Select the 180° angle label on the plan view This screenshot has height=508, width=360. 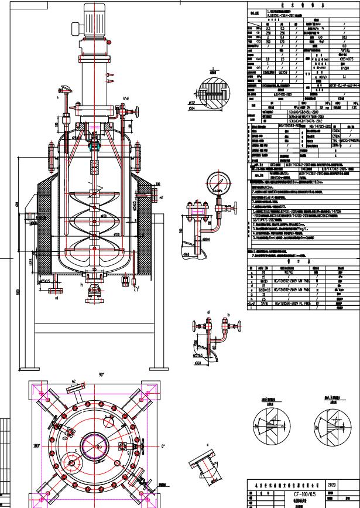click(x=20, y=446)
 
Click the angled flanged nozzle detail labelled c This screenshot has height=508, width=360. click(x=207, y=471)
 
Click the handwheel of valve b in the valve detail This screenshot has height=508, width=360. click(x=224, y=322)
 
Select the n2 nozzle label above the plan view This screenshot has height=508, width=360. click(x=74, y=381)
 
